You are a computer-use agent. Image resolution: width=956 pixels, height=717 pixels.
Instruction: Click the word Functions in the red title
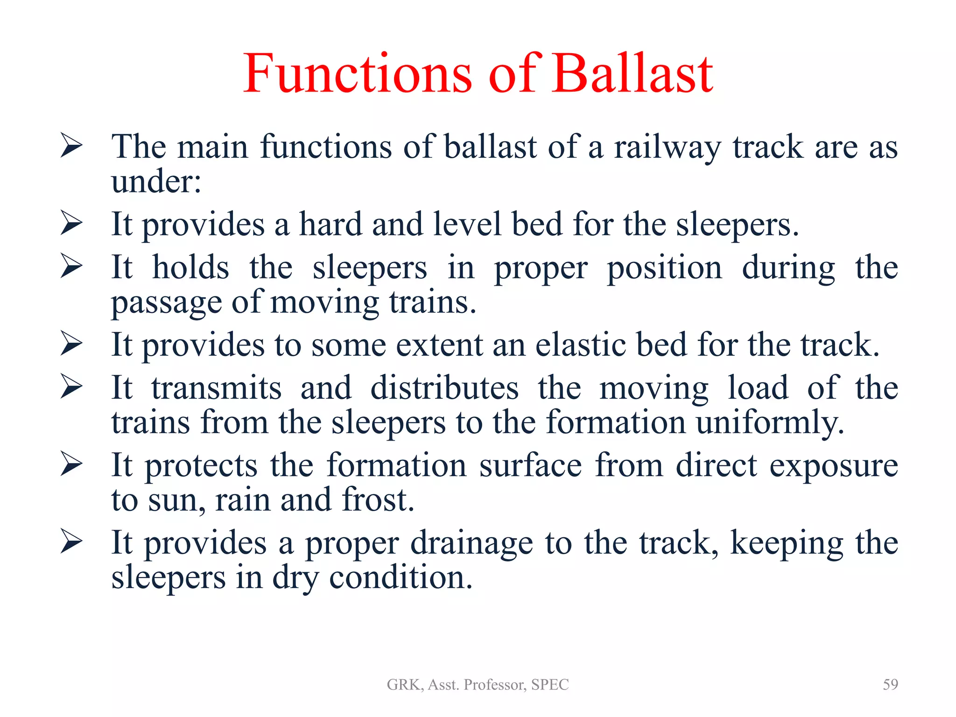click(358, 74)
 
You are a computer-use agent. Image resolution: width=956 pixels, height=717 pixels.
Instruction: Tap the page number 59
click(890, 684)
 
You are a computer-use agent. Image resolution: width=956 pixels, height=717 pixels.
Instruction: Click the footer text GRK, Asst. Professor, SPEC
click(478, 685)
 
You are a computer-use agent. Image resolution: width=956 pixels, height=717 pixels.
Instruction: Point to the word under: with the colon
click(156, 181)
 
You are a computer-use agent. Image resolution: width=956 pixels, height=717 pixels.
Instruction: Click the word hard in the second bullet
click(330, 225)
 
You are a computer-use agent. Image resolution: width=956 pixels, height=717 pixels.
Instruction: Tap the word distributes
click(444, 388)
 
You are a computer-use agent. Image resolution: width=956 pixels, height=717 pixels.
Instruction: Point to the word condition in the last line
click(401, 578)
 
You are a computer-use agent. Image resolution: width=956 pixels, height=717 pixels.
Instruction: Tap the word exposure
click(833, 466)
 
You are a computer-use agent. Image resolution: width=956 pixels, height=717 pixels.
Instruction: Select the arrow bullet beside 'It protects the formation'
click(71, 465)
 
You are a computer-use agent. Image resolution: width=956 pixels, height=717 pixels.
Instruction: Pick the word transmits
click(216, 388)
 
